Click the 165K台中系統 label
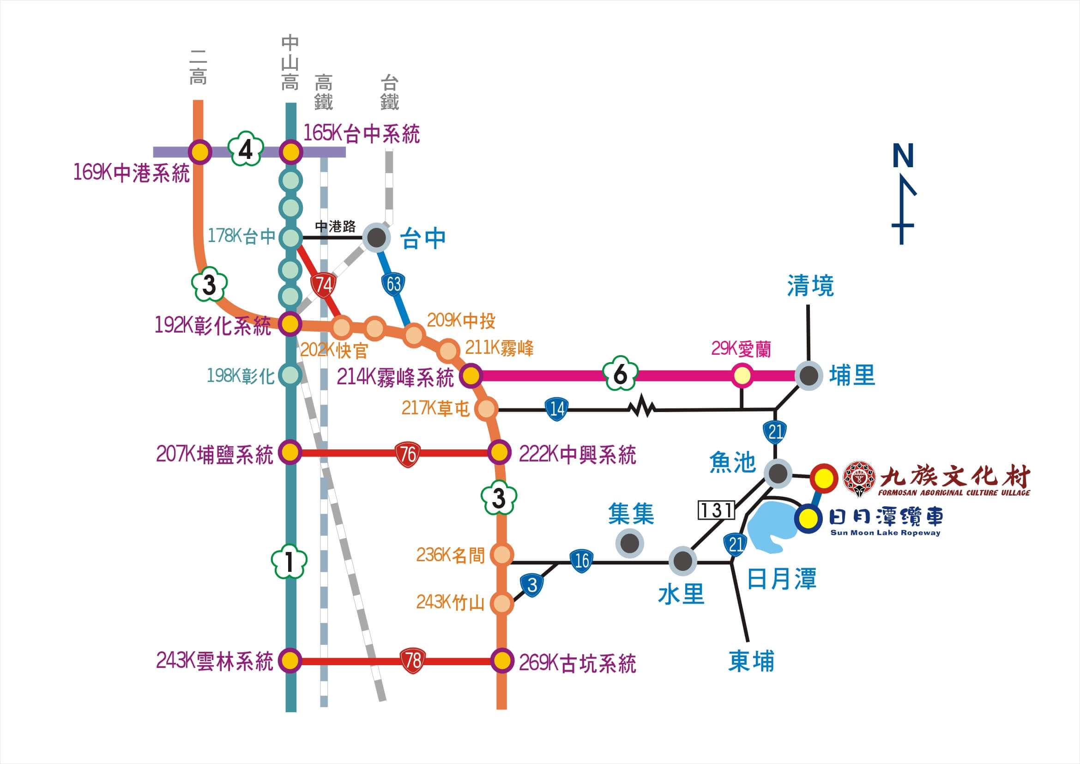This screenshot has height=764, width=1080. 361,134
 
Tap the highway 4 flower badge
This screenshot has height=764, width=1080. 245,151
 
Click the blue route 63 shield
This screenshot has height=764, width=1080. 394,284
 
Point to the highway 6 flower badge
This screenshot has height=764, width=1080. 621,375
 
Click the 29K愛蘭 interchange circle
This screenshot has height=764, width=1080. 742,376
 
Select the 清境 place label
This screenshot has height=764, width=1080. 810,286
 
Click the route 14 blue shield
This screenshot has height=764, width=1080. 556,409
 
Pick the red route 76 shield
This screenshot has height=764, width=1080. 407,454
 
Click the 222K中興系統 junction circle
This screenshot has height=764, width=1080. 499,453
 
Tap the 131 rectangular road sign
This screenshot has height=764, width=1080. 716,510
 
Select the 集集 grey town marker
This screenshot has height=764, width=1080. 630,543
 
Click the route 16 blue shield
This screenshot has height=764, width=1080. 582,561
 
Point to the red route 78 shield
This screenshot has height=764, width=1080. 412,660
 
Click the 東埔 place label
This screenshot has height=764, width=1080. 751,661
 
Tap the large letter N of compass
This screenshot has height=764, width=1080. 903,156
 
